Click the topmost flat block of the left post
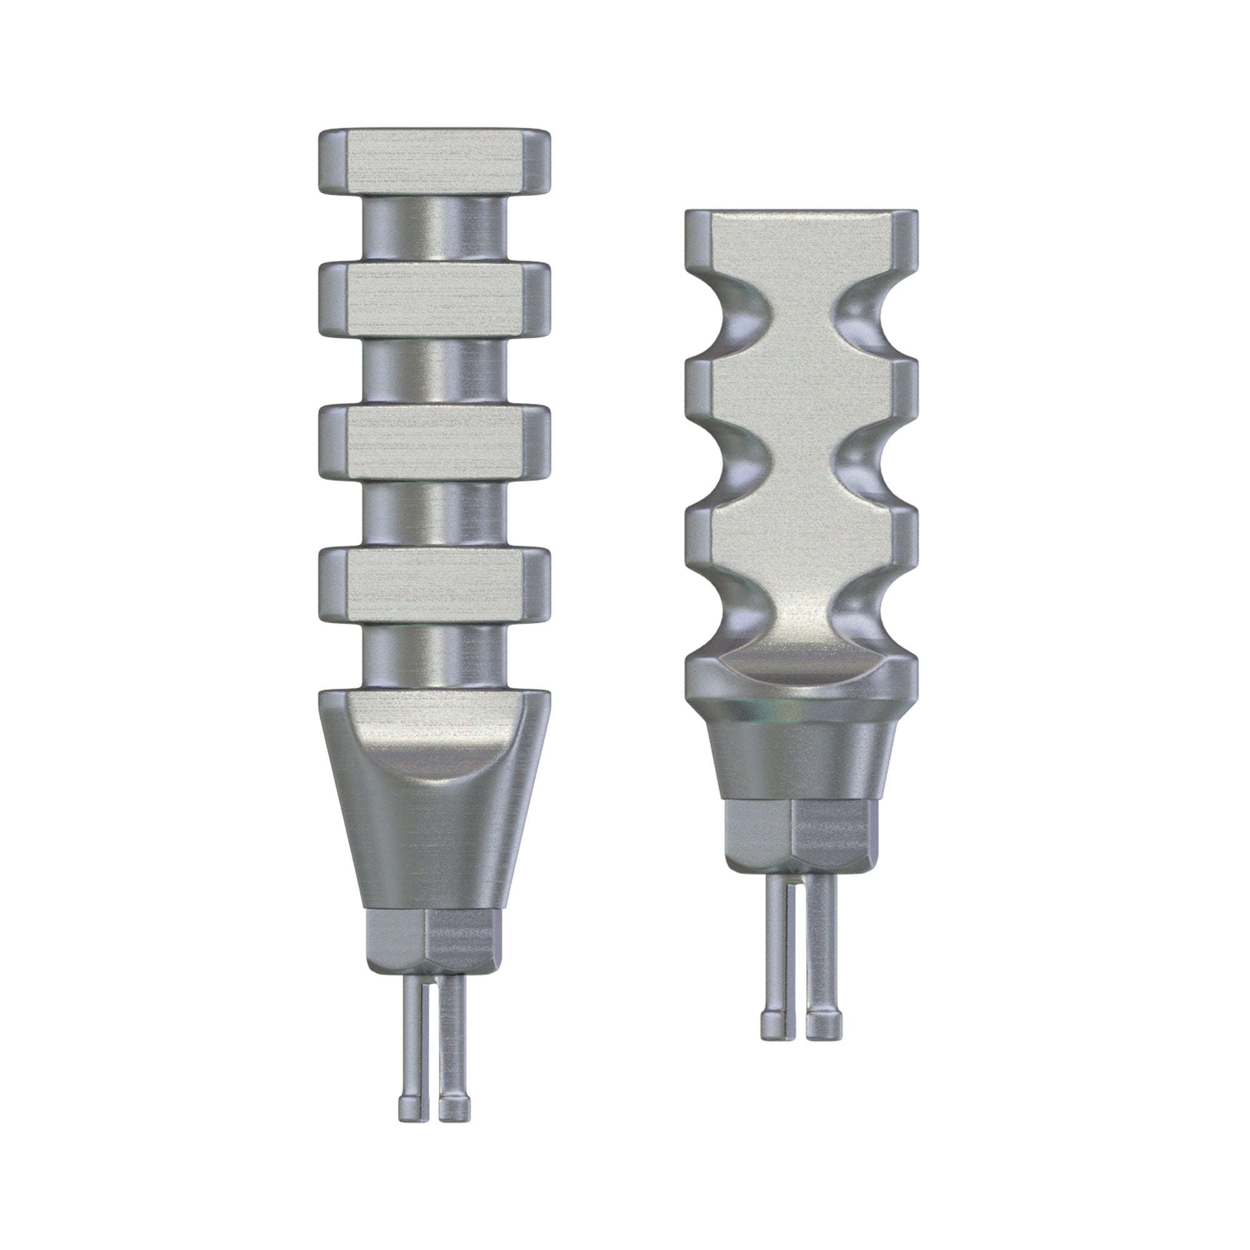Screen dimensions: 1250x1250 (x=434, y=162)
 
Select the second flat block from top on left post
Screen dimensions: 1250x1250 (x=434, y=299)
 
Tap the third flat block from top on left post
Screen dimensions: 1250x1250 (x=434, y=441)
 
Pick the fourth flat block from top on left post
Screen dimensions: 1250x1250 (x=434, y=582)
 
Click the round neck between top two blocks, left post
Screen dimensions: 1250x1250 (x=434, y=229)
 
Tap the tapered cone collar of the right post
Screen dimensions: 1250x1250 (x=801, y=757)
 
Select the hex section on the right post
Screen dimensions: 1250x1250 (x=801, y=834)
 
